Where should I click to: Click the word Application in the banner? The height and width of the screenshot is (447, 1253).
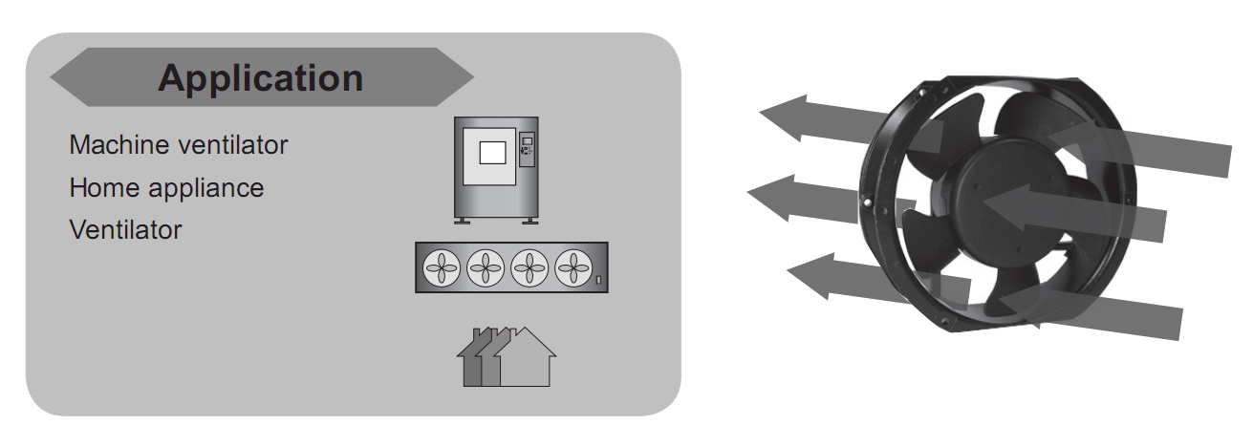click(x=261, y=78)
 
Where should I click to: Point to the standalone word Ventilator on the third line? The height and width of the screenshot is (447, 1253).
click(x=125, y=229)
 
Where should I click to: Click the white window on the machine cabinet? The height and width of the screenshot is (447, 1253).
click(x=492, y=153)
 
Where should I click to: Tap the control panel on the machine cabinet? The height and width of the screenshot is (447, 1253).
click(x=527, y=149)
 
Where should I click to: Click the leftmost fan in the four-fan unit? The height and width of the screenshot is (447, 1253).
click(x=442, y=267)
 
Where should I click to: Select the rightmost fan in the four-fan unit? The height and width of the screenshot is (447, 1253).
click(x=573, y=267)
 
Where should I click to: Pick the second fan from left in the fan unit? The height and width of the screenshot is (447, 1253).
click(x=486, y=267)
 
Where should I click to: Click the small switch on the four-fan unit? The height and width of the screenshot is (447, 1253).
click(x=598, y=280)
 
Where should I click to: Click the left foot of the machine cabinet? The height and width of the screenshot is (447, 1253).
click(x=462, y=221)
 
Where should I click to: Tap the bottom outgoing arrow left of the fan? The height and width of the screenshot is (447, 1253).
click(x=878, y=279)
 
